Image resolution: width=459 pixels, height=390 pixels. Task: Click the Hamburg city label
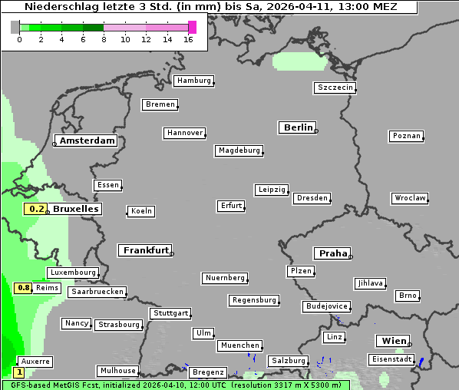coord(193,81)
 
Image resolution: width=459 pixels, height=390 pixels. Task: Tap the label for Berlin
coord(298,127)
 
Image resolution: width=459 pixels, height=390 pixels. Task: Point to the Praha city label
coord(332,253)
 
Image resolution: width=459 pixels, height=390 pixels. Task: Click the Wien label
coord(392,341)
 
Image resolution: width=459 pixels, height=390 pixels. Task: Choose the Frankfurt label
coord(145,250)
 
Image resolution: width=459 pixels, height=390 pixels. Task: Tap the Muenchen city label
coord(239,345)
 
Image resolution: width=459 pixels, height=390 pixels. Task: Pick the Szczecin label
coord(335,88)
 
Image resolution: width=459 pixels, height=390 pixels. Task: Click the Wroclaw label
coord(409,198)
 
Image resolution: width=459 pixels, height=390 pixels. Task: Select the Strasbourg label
coord(118,325)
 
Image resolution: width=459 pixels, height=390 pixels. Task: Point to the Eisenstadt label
coord(391,359)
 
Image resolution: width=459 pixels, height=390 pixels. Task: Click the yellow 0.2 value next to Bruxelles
coord(35,209)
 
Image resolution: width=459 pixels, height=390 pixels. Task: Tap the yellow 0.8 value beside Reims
coord(24,288)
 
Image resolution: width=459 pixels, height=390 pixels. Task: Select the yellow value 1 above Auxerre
coord(18,372)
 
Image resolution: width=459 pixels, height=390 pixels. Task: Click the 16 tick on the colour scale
coord(189,39)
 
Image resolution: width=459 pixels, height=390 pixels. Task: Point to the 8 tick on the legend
coord(104,39)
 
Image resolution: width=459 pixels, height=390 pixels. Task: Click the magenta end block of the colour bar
coord(192,27)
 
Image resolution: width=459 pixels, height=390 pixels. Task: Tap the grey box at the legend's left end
coord(15,27)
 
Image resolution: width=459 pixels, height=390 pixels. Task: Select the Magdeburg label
coord(239,150)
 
